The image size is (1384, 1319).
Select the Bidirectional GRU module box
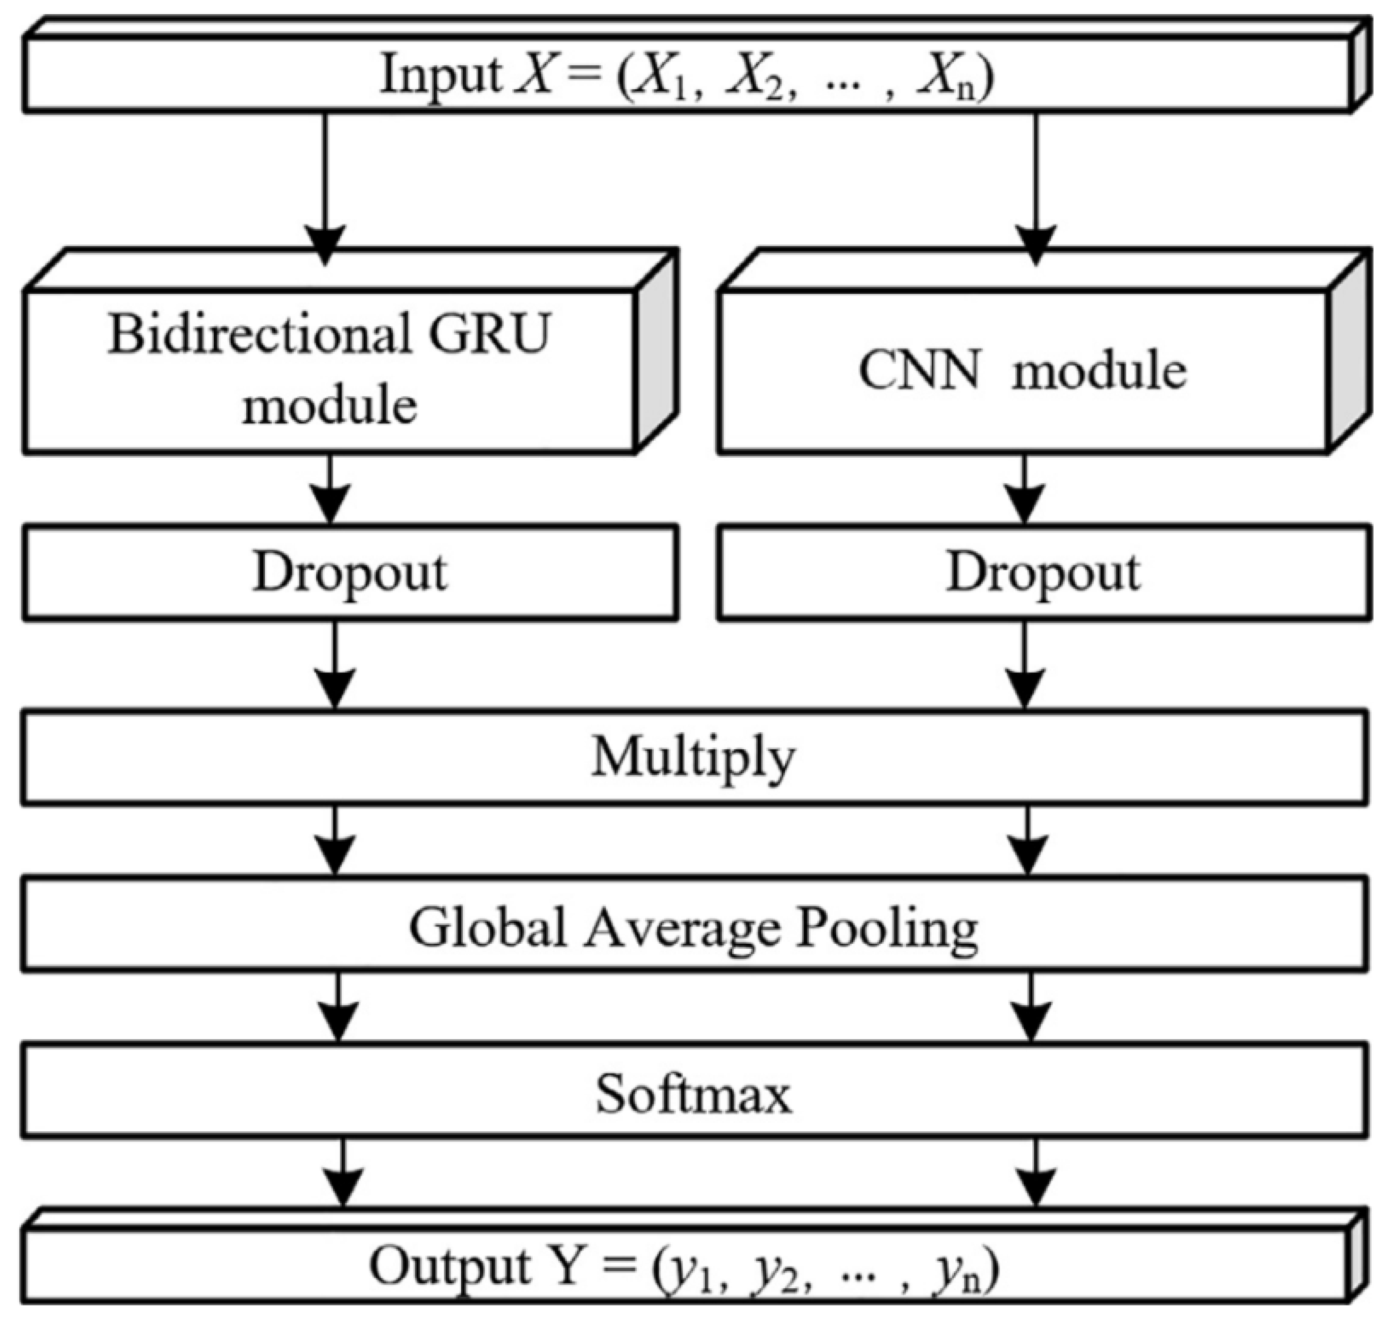330,371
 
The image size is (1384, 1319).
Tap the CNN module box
1023,371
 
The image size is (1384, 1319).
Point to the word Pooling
887,928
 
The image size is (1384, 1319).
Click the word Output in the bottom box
450,1266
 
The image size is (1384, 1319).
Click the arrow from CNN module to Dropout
1024,489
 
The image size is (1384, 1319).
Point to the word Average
682,928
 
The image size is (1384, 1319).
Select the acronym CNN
918,371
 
